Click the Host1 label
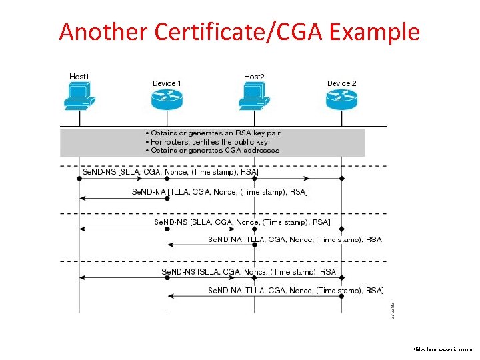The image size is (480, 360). [x=79, y=77]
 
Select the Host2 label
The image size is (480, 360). [x=255, y=77]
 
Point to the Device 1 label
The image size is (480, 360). [x=167, y=83]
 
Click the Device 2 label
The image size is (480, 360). [x=341, y=83]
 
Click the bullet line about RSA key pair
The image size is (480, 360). [x=213, y=133]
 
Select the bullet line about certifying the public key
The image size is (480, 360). [x=206, y=141]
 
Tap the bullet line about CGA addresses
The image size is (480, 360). [x=212, y=150]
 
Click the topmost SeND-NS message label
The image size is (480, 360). [x=170, y=172]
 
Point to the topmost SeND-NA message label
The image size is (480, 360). [x=221, y=192]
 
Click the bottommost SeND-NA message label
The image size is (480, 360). [x=295, y=290]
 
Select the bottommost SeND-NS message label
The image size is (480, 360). [x=249, y=271]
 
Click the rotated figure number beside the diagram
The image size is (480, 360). [x=392, y=309]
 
